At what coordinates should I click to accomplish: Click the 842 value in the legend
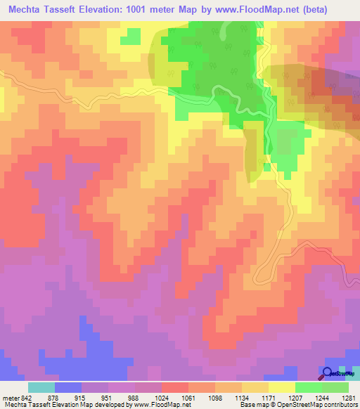click(22, 398)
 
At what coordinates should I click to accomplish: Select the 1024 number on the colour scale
click(169, 398)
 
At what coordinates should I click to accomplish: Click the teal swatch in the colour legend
click(41, 387)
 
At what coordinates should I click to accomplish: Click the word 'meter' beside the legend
click(9, 398)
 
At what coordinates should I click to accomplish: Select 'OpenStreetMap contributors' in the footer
click(323, 405)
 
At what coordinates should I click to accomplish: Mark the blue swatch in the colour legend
click(68, 387)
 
